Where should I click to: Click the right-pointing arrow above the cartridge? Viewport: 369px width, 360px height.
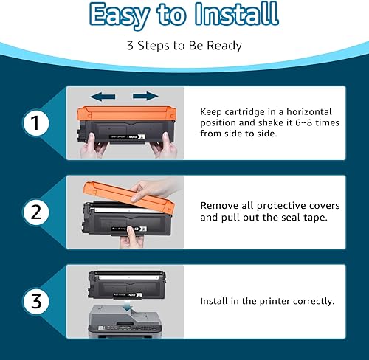[147, 96]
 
